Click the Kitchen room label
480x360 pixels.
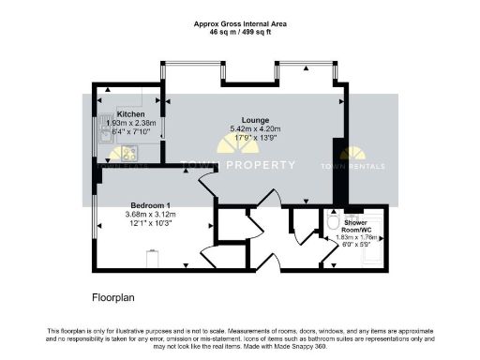(130, 113)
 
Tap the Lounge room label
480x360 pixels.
(256, 119)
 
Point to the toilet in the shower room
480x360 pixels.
(334, 225)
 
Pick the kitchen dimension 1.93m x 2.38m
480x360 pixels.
(130, 123)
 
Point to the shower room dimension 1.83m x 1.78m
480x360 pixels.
(356, 237)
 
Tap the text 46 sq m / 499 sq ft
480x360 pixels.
(239, 31)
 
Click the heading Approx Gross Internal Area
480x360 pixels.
(239, 22)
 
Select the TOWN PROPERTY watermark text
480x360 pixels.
(259, 164)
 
